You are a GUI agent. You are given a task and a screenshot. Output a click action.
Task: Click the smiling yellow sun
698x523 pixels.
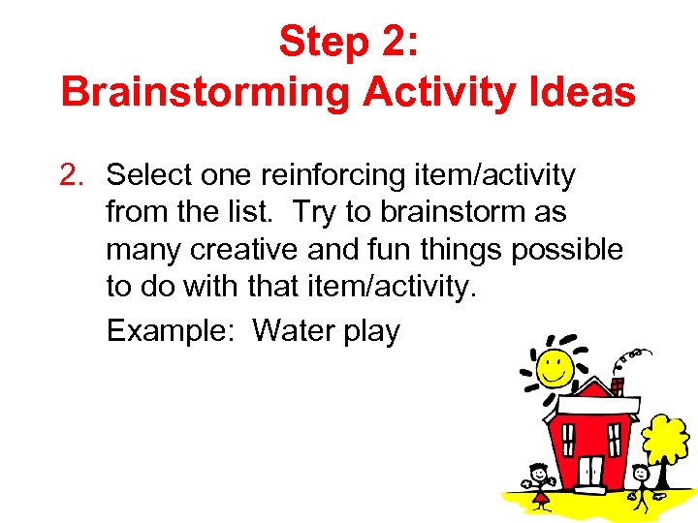point(555,365)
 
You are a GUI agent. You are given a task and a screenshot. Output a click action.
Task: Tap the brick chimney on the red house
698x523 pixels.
point(618,386)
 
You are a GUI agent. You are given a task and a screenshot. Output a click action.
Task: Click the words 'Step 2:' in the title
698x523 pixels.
point(348,42)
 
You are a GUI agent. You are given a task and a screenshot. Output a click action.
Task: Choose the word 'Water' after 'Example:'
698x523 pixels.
point(294,331)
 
